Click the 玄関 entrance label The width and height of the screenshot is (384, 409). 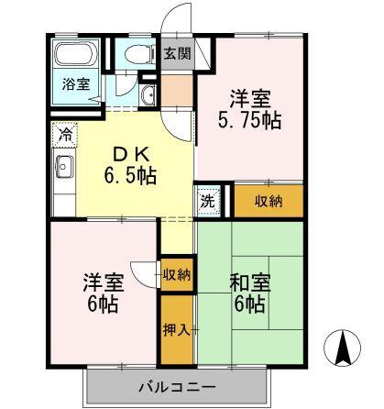coord(178,54)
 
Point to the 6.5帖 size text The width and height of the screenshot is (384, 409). coord(132,175)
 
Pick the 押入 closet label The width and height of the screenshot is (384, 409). coord(177,328)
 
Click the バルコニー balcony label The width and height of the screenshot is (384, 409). coord(177,386)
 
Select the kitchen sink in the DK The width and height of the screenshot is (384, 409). coord(65,169)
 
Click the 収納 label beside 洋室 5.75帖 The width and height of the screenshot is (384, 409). coord(269,200)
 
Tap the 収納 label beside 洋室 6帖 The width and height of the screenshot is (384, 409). coord(177,274)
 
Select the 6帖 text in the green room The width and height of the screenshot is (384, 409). coord(247,304)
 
